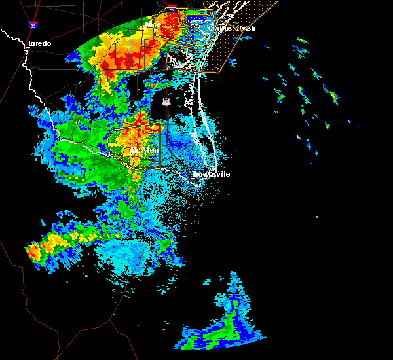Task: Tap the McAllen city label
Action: point(144,150)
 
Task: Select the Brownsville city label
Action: point(212,175)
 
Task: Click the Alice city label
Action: point(153,25)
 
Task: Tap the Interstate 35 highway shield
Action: point(33,26)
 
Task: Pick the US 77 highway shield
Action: point(166,102)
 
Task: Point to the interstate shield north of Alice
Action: point(172,10)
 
